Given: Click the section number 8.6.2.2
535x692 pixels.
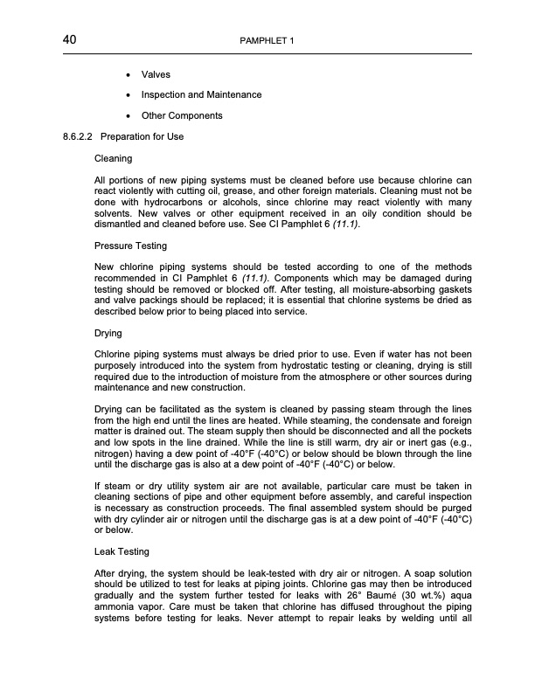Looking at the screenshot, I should [73, 137].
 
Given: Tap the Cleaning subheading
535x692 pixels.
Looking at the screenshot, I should [113, 159].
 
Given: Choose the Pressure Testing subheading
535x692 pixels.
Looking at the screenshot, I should [130, 246].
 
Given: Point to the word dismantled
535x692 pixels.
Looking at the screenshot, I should [120, 225].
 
